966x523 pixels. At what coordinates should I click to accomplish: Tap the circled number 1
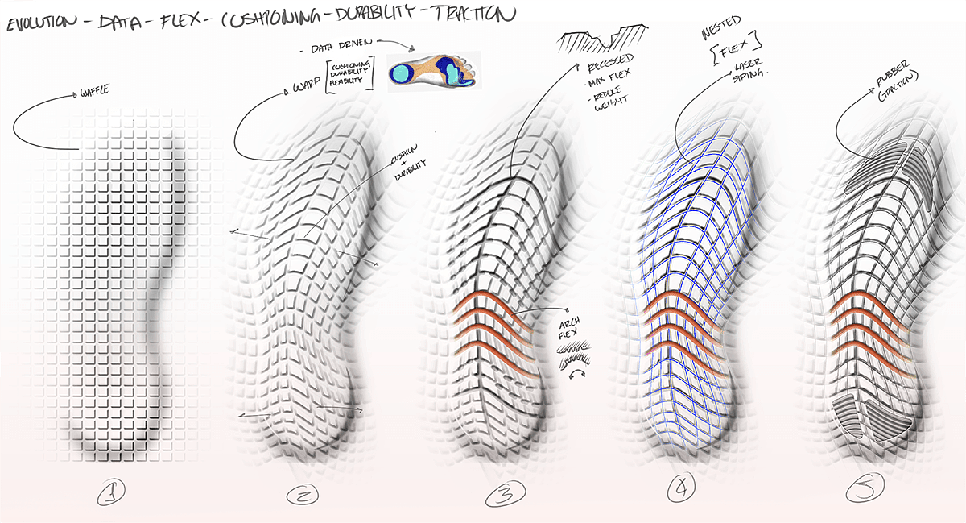pyautogui.click(x=110, y=491)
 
